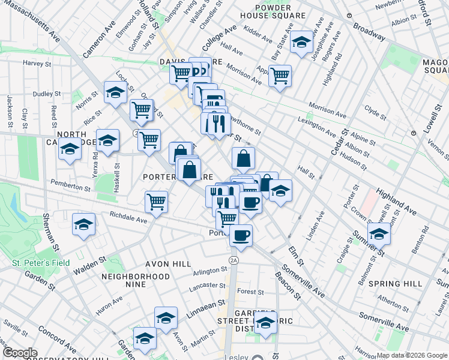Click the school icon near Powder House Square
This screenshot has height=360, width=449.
point(302,41)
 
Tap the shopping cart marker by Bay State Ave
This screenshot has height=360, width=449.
point(280,76)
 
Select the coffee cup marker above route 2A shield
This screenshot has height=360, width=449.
point(241,235)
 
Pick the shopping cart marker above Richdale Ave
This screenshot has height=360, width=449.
point(156,202)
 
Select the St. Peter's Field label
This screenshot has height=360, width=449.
point(41,263)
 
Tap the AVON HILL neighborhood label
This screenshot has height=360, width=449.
point(168,264)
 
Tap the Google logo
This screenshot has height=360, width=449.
point(19,353)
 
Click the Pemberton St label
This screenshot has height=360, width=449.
point(70,185)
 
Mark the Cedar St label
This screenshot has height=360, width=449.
point(340,142)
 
